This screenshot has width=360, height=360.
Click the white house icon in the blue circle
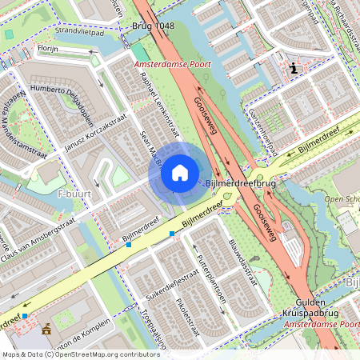point(180,172)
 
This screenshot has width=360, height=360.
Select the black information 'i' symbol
point(294,69)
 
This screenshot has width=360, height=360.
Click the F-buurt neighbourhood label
point(74,194)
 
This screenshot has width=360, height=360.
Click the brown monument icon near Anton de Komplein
point(46,328)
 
